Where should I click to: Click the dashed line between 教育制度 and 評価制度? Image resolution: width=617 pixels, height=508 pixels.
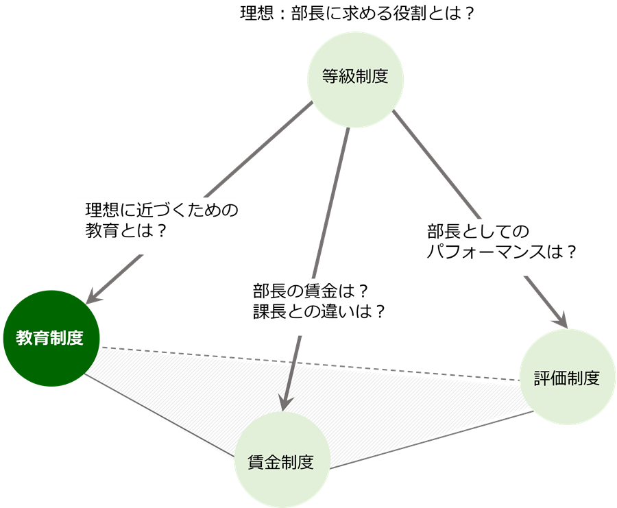click(x=308, y=363)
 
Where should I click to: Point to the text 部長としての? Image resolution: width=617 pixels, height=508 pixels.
click(x=476, y=230)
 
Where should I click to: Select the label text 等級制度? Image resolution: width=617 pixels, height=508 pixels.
click(x=355, y=76)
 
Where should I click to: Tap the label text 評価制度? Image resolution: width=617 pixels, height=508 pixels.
click(x=567, y=378)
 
